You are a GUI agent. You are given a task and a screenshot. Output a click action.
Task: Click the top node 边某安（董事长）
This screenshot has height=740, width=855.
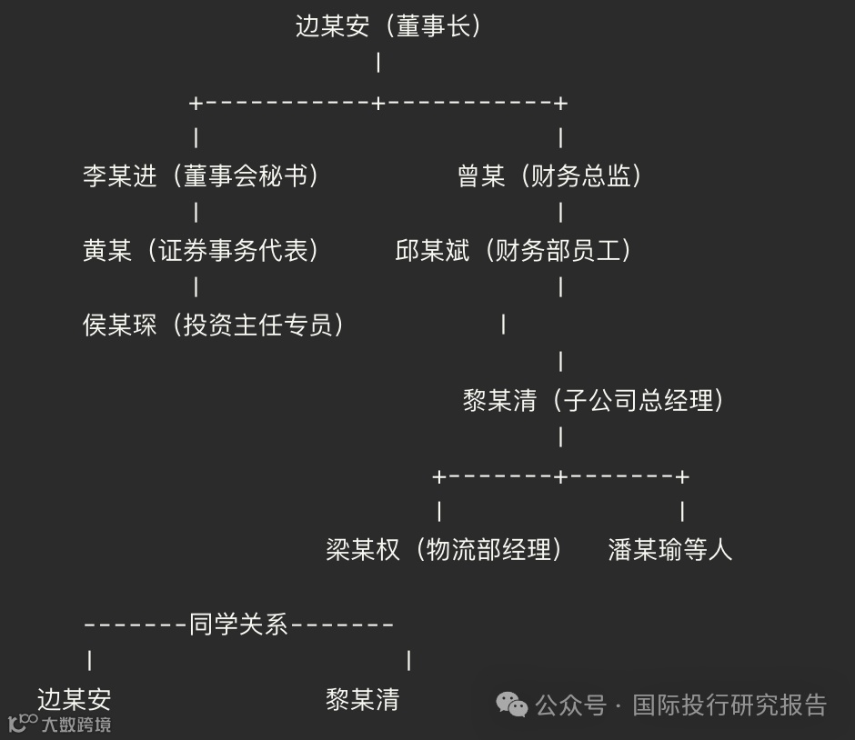click(389, 26)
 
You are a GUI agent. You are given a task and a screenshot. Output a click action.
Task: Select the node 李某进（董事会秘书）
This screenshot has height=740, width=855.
click(202, 175)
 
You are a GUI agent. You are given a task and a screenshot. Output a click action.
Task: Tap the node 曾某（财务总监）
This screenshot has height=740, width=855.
click(551, 175)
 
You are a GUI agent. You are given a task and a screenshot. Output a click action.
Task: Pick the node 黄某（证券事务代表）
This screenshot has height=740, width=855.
click(202, 250)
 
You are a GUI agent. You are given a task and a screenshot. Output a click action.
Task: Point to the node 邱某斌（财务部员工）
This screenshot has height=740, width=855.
click(514, 250)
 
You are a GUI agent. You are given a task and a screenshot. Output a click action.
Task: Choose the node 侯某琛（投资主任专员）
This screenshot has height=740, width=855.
click(214, 325)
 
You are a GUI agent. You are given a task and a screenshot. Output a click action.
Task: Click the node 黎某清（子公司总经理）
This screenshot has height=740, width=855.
click(595, 400)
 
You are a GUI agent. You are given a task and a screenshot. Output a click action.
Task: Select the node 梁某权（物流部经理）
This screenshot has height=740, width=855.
click(445, 549)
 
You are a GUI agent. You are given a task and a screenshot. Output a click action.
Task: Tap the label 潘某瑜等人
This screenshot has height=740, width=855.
click(669, 549)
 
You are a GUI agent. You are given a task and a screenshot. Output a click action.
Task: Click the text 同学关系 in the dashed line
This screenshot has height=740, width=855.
click(238, 625)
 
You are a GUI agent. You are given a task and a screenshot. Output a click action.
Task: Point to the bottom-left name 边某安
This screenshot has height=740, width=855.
click(74, 699)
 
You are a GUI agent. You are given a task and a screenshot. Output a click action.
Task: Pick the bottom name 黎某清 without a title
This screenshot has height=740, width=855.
click(362, 699)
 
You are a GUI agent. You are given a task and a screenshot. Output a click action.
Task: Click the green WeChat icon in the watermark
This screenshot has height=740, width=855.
click(511, 705)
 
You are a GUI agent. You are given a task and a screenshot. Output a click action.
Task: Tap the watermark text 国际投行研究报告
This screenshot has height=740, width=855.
click(729, 705)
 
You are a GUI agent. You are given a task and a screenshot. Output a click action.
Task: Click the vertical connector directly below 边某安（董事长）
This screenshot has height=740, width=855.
click(378, 64)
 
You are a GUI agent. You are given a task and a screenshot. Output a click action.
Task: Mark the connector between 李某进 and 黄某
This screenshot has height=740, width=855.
click(196, 213)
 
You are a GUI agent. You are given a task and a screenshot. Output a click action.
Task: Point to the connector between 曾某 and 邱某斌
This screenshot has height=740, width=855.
click(560, 213)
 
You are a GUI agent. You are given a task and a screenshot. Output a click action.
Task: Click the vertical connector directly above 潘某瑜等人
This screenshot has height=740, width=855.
click(682, 512)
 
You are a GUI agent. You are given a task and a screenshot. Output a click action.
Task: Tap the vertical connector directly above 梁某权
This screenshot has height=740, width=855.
click(439, 512)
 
